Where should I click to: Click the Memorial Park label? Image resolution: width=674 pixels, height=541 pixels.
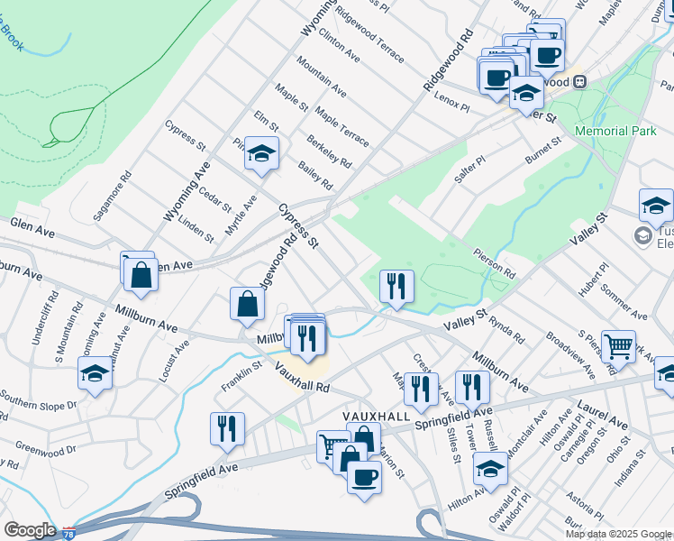615,131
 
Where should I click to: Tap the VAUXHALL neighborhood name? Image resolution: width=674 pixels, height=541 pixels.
376,417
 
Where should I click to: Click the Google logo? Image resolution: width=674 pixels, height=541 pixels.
30,530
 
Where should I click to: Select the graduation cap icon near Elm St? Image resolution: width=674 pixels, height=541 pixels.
261,154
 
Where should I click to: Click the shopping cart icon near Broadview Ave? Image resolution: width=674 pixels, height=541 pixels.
618,344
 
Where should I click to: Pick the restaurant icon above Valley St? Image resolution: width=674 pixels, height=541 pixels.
396,286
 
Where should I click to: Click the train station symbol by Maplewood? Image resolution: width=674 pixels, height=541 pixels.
579,81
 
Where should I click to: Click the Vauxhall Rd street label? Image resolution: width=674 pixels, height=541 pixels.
304,377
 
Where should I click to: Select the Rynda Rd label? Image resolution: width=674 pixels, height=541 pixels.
508,328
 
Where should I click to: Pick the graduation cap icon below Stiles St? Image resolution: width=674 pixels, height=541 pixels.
490,470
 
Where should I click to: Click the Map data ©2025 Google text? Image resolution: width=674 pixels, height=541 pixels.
618,534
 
